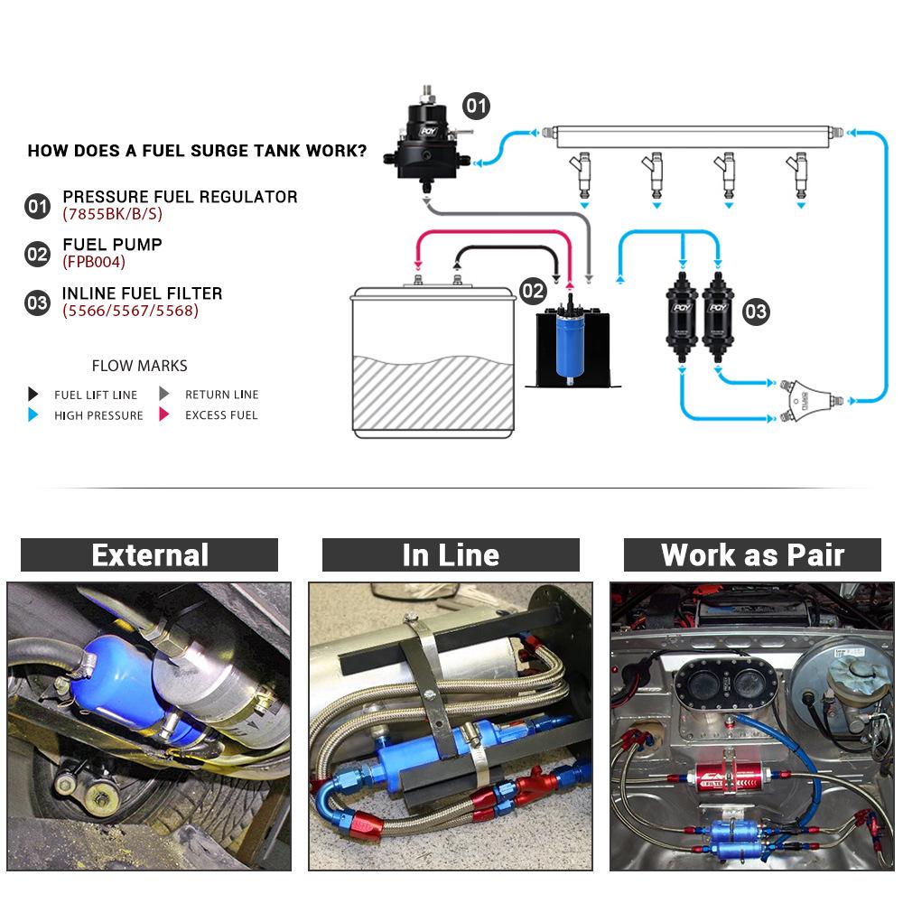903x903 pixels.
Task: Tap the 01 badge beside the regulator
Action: pyautogui.click(x=476, y=107)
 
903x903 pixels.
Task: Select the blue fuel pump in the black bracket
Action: pyautogui.click(x=570, y=344)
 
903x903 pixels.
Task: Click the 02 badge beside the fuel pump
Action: pyautogui.click(x=533, y=291)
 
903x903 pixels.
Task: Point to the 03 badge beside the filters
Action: pyautogui.click(x=755, y=312)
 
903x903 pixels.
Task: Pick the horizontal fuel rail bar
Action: pyautogui.click(x=695, y=136)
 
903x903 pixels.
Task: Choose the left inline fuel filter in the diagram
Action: pyautogui.click(x=681, y=321)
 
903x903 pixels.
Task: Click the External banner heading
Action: pyautogui.click(x=150, y=555)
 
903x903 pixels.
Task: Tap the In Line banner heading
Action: pyautogui.click(x=451, y=555)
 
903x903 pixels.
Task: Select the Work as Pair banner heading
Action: pyautogui.click(x=752, y=555)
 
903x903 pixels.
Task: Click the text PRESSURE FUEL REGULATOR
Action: pyautogui.click(x=180, y=197)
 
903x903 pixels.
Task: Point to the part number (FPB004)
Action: pyautogui.click(x=94, y=263)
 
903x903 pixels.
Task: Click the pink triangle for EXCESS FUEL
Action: pyautogui.click(x=164, y=415)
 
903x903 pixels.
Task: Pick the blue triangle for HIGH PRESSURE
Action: pyautogui.click(x=33, y=415)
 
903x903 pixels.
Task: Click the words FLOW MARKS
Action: pyautogui.click(x=139, y=366)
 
